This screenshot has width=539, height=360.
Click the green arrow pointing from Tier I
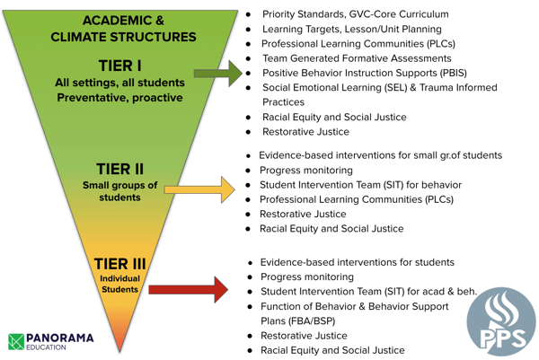[x=218, y=74]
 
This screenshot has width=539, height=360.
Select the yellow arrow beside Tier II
[x=199, y=189]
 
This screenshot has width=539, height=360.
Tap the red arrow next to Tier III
[x=189, y=290]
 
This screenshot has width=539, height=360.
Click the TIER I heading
[x=120, y=66]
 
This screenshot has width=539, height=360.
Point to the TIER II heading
[x=119, y=169]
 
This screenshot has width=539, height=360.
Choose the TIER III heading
[x=120, y=264]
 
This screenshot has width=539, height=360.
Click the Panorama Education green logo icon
[x=16, y=341]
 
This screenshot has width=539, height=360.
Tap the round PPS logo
[x=501, y=321]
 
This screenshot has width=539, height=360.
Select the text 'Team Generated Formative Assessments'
[x=357, y=58]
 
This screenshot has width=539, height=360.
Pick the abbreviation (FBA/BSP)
[x=297, y=320]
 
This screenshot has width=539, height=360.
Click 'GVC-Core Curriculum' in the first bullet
[x=399, y=14]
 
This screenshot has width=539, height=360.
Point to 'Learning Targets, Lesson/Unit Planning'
[x=352, y=30]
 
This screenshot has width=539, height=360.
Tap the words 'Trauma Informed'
[x=458, y=88]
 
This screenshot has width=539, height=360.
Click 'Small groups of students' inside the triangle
[x=120, y=191]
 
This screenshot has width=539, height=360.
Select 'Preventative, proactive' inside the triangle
[x=120, y=98]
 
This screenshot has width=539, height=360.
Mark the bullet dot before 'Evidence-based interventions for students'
[x=250, y=263]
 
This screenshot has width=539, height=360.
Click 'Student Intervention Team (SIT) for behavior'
[x=360, y=185]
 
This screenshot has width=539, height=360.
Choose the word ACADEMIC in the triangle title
[x=117, y=21]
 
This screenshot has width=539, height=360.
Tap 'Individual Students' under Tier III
[x=120, y=284]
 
